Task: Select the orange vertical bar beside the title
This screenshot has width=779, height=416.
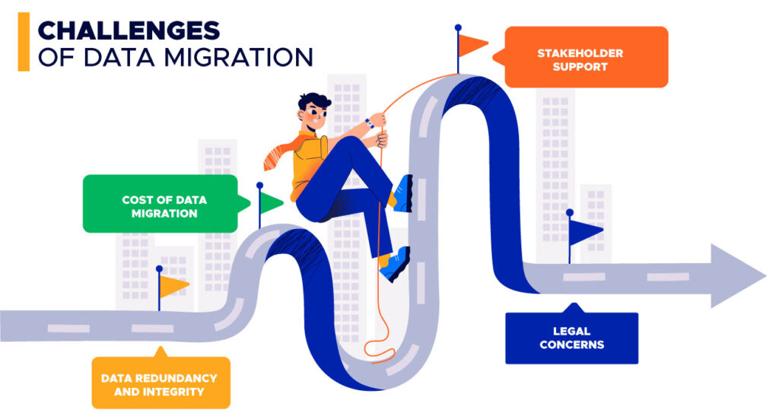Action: [24, 43]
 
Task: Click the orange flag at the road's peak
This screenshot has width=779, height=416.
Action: [473, 46]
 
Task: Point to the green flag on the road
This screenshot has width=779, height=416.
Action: [272, 202]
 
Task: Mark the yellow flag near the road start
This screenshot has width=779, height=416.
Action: [173, 285]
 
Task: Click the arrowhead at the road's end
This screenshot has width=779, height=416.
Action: [736, 275]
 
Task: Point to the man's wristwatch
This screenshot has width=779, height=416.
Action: [368, 122]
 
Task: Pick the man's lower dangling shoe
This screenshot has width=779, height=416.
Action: [394, 263]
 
